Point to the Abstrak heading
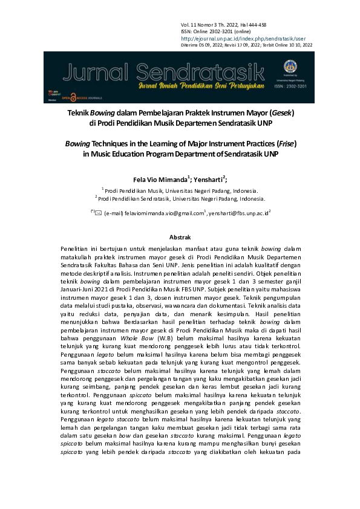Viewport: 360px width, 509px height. pyautogui.click(x=180, y=238)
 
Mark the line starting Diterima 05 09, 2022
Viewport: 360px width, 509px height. pyautogui.click(x=247, y=45)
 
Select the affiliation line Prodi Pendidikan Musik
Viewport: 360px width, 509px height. pyautogui.click(x=181, y=190)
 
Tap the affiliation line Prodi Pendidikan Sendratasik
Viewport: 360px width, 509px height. pyautogui.click(x=180, y=198)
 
